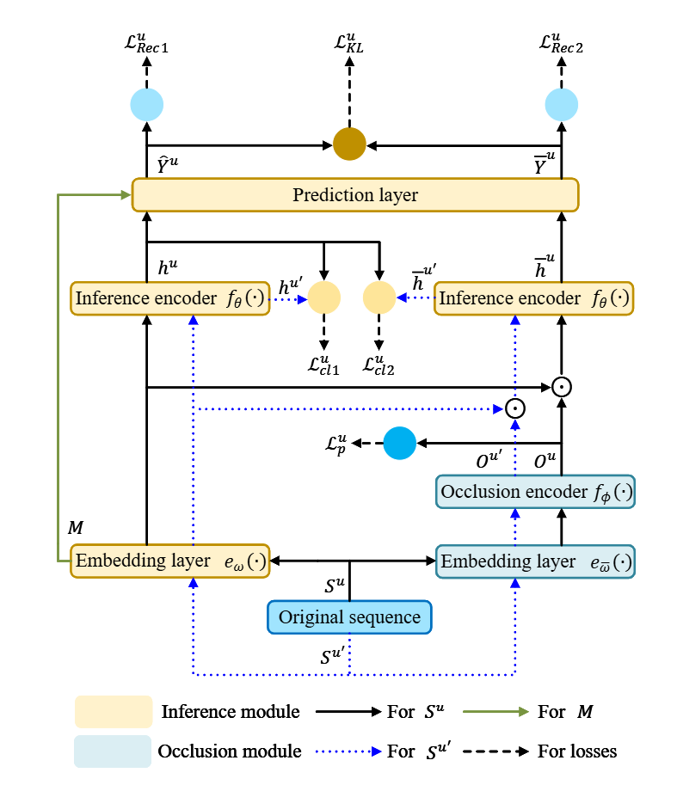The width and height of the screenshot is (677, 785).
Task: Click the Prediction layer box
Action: click(x=354, y=194)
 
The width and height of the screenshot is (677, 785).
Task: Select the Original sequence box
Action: click(x=348, y=617)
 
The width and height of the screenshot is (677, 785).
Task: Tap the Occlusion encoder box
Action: click(x=535, y=492)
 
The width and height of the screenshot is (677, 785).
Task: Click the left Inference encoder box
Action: click(x=170, y=298)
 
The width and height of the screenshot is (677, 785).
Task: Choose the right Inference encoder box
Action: click(x=533, y=298)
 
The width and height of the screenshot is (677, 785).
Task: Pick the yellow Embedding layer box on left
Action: click(x=170, y=561)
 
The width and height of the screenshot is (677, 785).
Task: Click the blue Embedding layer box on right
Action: click(x=535, y=561)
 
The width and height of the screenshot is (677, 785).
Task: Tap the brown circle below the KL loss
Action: click(x=349, y=142)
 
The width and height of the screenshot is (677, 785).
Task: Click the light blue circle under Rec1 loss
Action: click(x=146, y=104)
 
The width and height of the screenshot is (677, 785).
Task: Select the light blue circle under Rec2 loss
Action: click(x=562, y=104)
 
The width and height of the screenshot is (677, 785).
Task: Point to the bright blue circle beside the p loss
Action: click(x=399, y=443)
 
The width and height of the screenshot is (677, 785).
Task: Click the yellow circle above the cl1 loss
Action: click(x=324, y=298)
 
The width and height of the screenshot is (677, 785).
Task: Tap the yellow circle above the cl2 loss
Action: click(x=379, y=298)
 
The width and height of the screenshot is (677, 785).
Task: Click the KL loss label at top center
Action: click(x=349, y=43)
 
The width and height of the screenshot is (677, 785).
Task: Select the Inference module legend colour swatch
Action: click(x=113, y=712)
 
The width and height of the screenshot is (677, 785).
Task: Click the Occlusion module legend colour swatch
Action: click(x=113, y=751)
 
